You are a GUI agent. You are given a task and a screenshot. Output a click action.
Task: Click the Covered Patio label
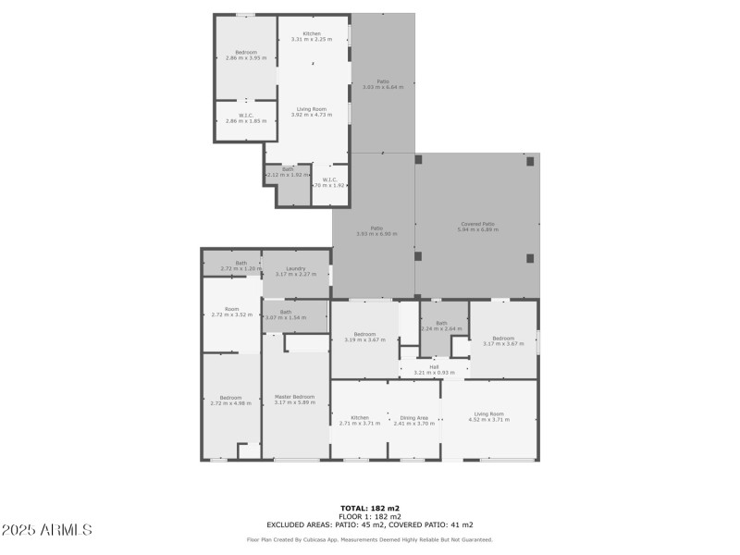coord(477,226)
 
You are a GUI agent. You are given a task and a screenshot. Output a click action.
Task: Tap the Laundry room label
coord(296,271)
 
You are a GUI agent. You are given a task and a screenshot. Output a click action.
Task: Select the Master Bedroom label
coord(296,400)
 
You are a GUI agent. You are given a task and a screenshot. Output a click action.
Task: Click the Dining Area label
coord(413,420)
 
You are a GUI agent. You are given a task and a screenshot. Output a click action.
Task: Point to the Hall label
coord(434,369)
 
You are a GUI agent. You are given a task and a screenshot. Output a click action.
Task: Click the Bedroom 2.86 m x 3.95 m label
coord(245,55)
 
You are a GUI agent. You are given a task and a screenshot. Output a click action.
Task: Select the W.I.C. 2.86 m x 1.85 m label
coord(245,118)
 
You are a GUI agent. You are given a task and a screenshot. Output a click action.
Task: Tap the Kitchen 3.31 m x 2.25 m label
coord(312,36)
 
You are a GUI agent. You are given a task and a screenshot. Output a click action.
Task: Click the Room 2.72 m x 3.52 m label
coord(231,312)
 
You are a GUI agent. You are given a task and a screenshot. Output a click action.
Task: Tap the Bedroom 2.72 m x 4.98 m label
coord(231,401)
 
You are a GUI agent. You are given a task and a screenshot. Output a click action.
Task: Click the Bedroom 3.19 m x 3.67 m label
coord(364,337)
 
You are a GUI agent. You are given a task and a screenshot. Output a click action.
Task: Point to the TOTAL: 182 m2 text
coord(370,508)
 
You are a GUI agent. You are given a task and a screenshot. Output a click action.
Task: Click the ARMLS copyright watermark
coord(47,530)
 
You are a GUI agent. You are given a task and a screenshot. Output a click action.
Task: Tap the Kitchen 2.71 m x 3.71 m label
coord(360,420)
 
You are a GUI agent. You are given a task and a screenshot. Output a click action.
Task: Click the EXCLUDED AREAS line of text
coord(370,524)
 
